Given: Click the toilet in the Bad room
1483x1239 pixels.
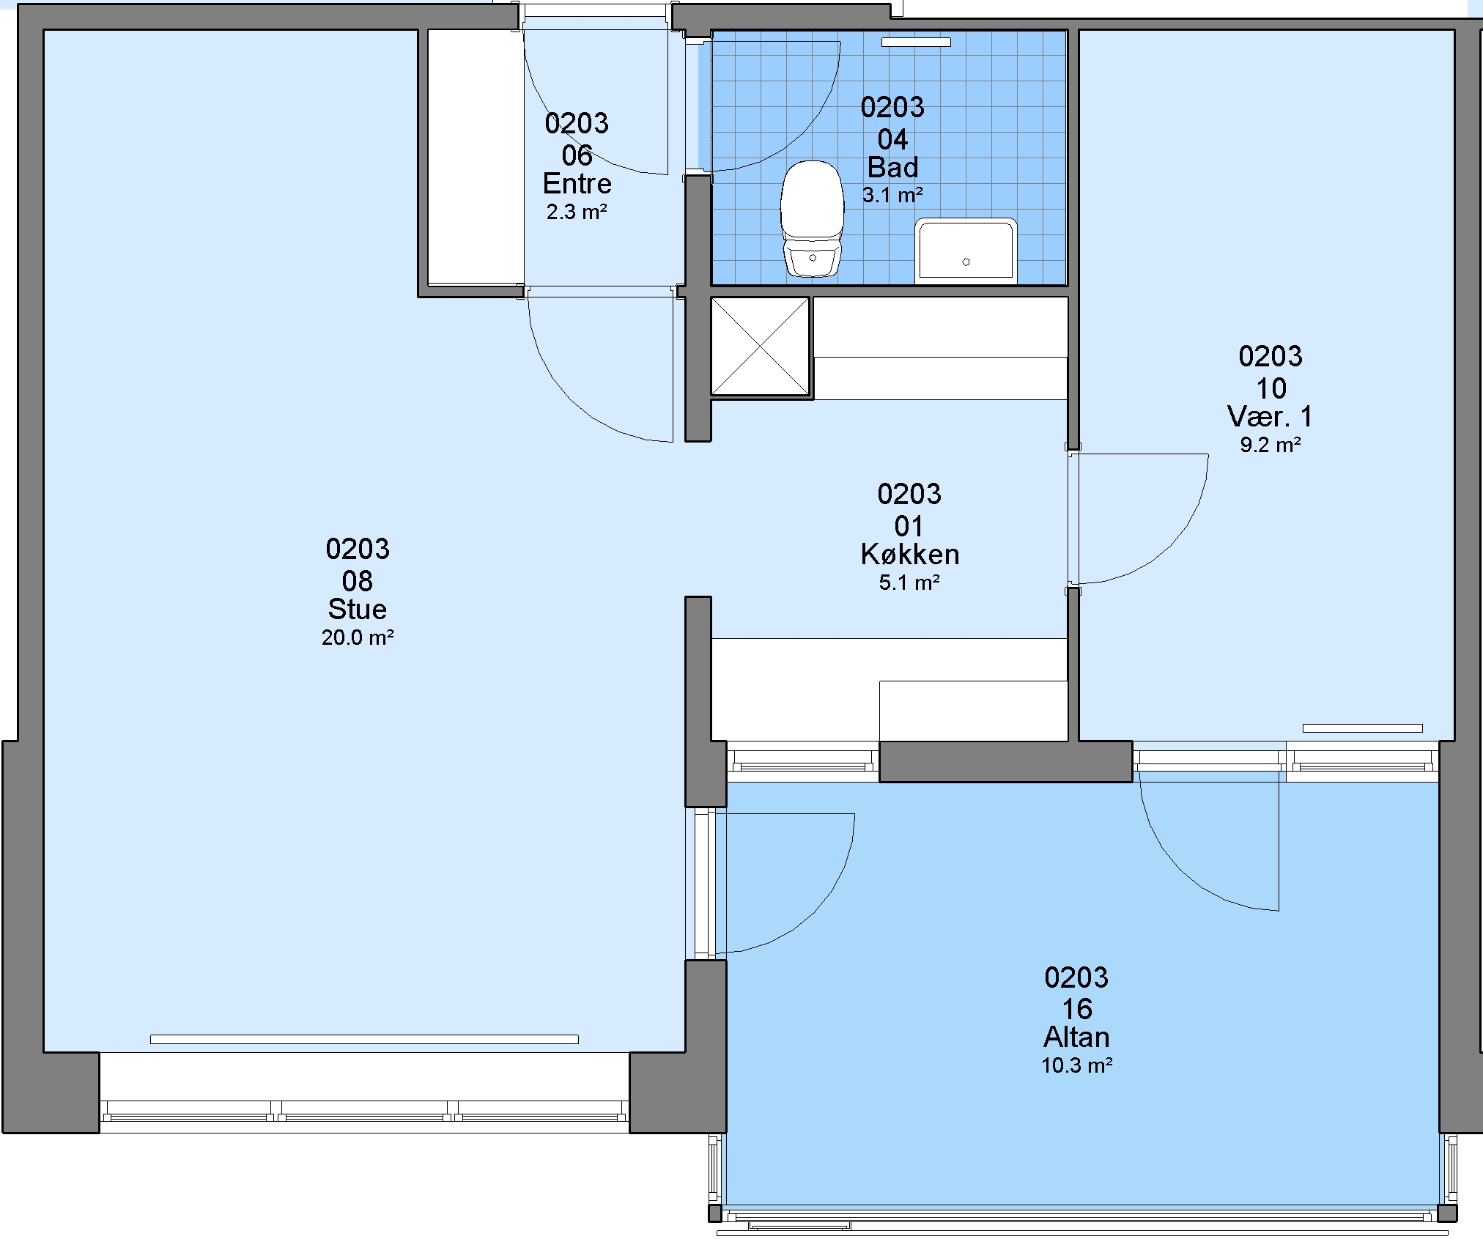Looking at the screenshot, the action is point(812,218).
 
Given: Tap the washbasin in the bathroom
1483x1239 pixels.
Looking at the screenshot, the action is point(966,251).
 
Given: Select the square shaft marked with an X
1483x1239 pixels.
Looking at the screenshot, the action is point(761,347).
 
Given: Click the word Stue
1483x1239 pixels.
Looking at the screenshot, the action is point(358,609).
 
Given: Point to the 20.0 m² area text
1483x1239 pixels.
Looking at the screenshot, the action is point(358,637).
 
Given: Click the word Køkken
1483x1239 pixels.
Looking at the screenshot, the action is point(910,555).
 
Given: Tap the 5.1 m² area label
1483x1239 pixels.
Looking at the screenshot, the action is point(909,583).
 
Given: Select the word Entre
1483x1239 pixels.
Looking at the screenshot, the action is point(577,183).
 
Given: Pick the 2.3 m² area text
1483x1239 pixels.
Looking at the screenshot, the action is point(577,212).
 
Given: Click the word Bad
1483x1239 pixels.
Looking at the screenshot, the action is point(892,168).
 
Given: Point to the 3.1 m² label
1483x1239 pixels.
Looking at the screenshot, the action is point(892,196).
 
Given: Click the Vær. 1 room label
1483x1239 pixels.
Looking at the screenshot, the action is point(1271,417).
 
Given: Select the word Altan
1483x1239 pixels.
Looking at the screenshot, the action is point(1076,1037).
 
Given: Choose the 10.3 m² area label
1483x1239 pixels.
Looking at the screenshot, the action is point(1076,1065).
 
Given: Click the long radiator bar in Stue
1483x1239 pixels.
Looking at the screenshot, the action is point(364,1039).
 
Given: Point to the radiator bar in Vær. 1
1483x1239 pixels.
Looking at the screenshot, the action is point(1362,728).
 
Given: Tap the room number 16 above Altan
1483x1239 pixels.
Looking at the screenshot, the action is point(1077,1009).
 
